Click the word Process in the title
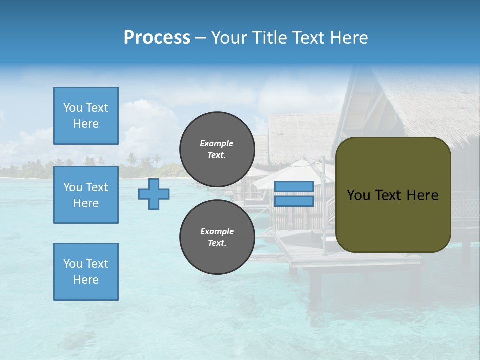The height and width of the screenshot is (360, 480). coord(157,38)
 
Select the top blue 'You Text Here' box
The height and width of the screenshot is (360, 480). coord(86,116)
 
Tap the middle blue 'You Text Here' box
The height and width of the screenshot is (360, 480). coord(86,195)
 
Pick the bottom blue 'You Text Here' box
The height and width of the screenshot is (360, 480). coord(86,272)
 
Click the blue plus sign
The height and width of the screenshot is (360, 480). coord(154,194)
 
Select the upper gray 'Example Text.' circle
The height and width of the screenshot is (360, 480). coord(217,149)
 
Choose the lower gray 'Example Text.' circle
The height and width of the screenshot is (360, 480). coord(217,237)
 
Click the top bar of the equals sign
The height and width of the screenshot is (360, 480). coord(294,186)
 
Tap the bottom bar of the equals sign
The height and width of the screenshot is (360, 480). coord(294,201)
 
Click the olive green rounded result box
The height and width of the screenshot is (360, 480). coord(393,220)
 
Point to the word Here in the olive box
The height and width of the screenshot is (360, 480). coord(422,195)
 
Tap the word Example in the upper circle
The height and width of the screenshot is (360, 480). coord(217,143)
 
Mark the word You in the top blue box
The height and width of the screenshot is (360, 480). coord(72,108)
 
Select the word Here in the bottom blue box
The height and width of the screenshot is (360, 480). coord(86,280)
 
